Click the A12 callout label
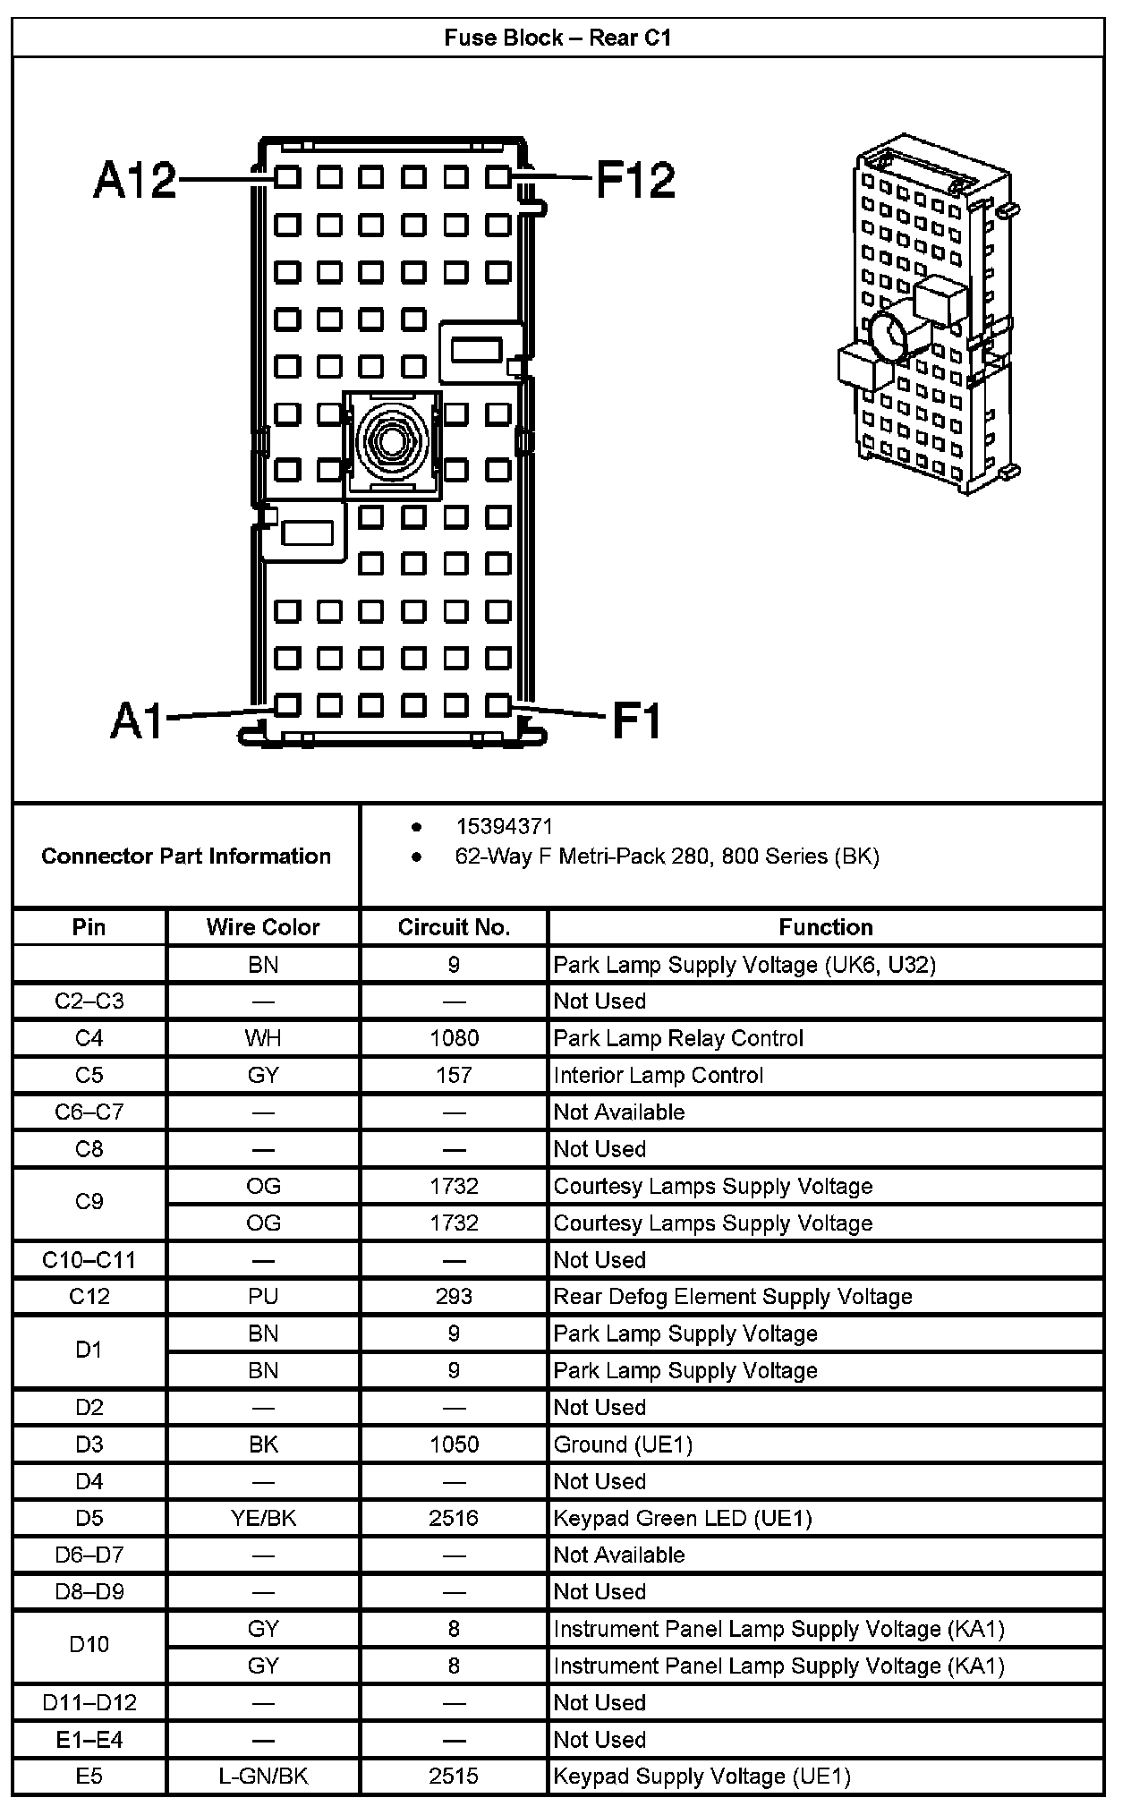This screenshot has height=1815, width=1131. [x=134, y=180]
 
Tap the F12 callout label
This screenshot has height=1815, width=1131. [x=635, y=180]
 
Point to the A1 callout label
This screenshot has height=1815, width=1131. [x=138, y=720]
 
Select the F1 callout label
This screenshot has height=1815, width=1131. [x=636, y=720]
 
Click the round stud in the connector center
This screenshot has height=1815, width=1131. [x=392, y=440]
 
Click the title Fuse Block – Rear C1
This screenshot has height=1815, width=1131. [x=557, y=38]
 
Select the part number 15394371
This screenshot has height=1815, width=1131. [x=504, y=826]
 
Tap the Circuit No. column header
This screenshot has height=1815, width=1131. [x=454, y=927]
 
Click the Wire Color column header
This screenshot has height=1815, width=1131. [x=263, y=927]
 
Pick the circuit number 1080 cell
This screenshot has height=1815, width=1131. [x=454, y=1038]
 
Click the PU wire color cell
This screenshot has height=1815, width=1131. [x=263, y=1297]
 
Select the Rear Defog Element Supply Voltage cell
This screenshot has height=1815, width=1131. [x=733, y=1297]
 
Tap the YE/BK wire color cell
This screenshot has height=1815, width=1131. [x=263, y=1518]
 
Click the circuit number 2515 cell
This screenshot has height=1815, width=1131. [x=454, y=1777]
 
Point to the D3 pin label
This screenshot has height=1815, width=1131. [x=89, y=1444]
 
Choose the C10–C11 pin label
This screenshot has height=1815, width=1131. [x=89, y=1260]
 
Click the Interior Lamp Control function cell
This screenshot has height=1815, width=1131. [x=659, y=1075]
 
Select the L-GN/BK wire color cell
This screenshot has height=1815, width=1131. [x=263, y=1777]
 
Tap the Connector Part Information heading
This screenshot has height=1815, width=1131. [x=186, y=856]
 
